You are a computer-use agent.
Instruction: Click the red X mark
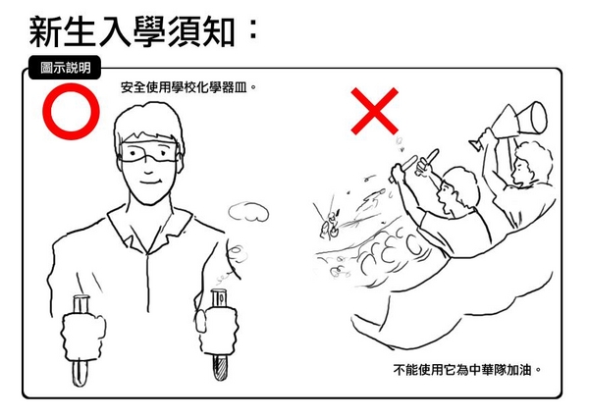click(x=374, y=111)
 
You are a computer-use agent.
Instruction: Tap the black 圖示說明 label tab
click(x=65, y=68)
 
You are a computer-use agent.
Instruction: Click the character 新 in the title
click(x=45, y=32)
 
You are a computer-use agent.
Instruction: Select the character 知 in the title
click(x=219, y=32)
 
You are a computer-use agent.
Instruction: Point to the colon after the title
click(x=253, y=29)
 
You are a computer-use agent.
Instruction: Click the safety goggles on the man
click(x=149, y=152)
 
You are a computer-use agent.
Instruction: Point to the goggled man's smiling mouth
click(x=149, y=183)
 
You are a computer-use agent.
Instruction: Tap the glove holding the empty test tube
click(x=83, y=337)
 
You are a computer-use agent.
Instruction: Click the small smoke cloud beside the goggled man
click(x=248, y=211)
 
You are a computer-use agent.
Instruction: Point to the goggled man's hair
click(x=149, y=124)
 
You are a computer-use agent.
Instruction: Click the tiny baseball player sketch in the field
click(x=330, y=225)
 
